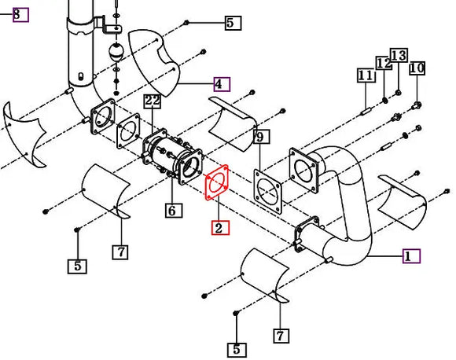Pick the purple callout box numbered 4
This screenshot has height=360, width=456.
(x=221, y=83)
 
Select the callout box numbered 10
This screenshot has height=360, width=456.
(x=417, y=68)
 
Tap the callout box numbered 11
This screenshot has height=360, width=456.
(x=365, y=75)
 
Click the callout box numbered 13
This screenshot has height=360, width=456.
(x=399, y=56)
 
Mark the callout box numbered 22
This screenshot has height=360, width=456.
(x=153, y=101)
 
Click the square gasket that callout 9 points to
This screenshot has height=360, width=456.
(x=269, y=189)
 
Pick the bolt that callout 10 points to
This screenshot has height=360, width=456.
(x=416, y=105)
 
